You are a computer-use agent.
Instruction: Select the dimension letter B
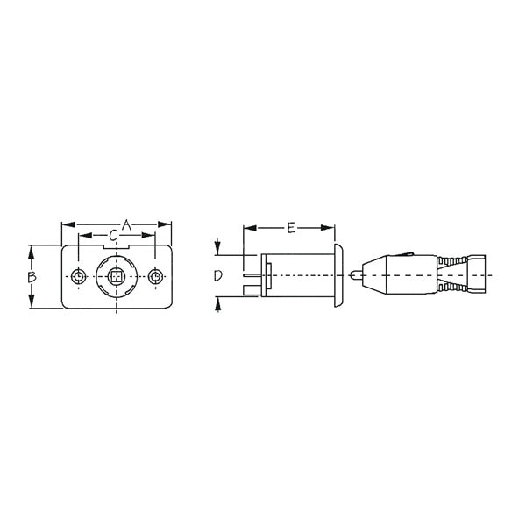[31, 276]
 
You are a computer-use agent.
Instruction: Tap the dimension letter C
[116, 236]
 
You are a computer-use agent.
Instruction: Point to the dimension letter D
[218, 276]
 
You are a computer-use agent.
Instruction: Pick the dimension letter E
[290, 228]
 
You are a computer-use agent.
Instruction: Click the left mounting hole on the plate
[79, 277]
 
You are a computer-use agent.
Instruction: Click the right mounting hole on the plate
[156, 277]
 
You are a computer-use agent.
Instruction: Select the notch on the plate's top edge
[117, 249]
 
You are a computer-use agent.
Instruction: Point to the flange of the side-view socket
[338, 277]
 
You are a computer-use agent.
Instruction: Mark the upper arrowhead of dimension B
[31, 252]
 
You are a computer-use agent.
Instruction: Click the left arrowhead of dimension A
[65, 226]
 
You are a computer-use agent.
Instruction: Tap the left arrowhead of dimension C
[83, 236]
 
